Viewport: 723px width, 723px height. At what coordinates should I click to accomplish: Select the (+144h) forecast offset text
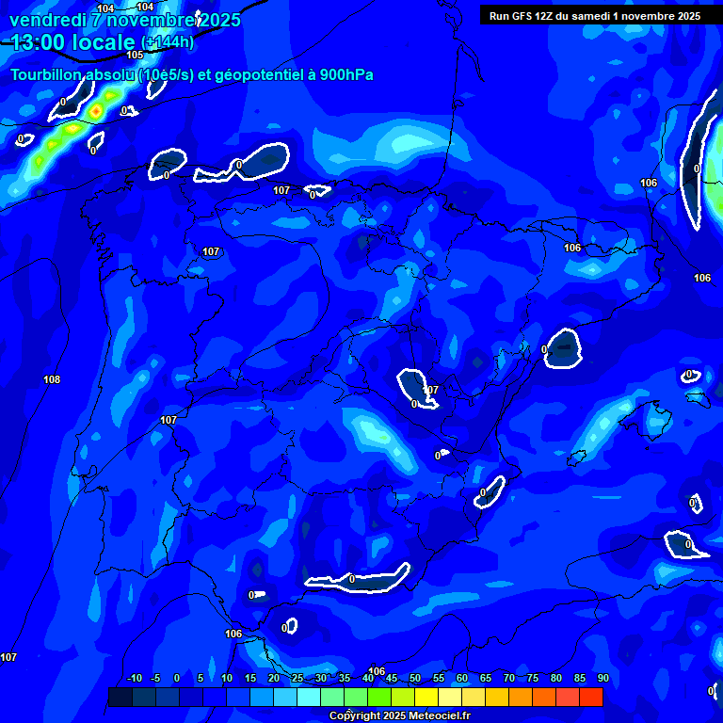[167, 42]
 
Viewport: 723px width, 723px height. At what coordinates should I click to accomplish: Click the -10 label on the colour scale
[134, 679]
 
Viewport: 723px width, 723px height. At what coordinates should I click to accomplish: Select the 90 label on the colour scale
[602, 679]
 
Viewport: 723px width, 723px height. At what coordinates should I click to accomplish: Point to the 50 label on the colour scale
[415, 679]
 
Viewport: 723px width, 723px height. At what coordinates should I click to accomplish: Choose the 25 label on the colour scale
[297, 679]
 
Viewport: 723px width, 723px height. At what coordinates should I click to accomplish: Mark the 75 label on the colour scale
[533, 679]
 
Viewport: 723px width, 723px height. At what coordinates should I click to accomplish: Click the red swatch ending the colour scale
[591, 697]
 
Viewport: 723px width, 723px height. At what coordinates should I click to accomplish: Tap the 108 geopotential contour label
[52, 379]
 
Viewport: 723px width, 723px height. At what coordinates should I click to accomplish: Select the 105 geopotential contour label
[135, 55]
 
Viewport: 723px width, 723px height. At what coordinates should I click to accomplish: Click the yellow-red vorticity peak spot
[95, 112]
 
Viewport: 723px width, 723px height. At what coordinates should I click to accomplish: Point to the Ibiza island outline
[576, 458]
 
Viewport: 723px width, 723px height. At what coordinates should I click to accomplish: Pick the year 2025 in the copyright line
[394, 715]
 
